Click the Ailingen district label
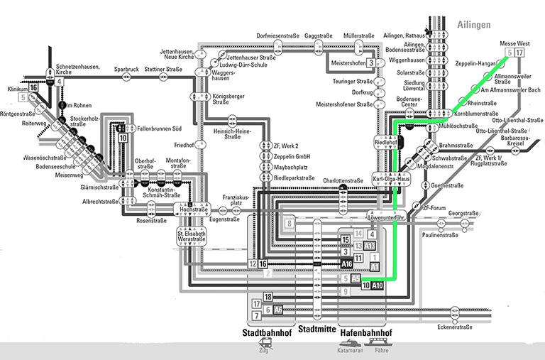pos(473,25)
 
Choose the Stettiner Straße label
pos(164,70)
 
